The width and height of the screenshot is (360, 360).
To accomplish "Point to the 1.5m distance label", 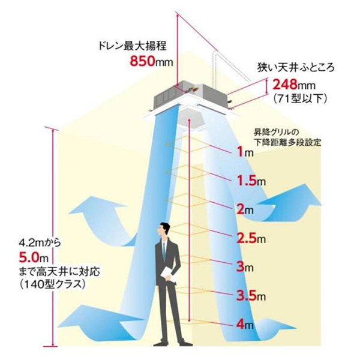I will [x=247, y=181].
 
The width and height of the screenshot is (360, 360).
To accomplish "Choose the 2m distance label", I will [x=243, y=209].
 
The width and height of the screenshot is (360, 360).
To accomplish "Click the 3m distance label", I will [x=243, y=266].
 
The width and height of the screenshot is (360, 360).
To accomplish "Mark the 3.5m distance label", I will [x=248, y=295].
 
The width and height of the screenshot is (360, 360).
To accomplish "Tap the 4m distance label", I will [x=243, y=325].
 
